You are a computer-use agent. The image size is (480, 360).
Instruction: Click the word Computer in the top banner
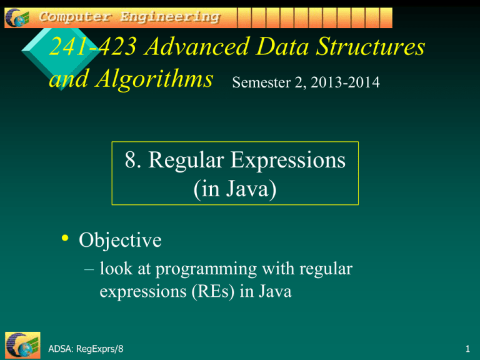click(x=72, y=17)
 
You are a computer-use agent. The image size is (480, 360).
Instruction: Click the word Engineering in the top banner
click(x=171, y=17)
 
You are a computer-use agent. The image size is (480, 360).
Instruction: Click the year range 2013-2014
click(x=343, y=82)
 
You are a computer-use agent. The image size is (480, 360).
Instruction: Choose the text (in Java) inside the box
click(x=235, y=187)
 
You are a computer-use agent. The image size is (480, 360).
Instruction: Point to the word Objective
click(x=119, y=240)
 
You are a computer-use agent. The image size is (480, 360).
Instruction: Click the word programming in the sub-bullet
click(x=221, y=270)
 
